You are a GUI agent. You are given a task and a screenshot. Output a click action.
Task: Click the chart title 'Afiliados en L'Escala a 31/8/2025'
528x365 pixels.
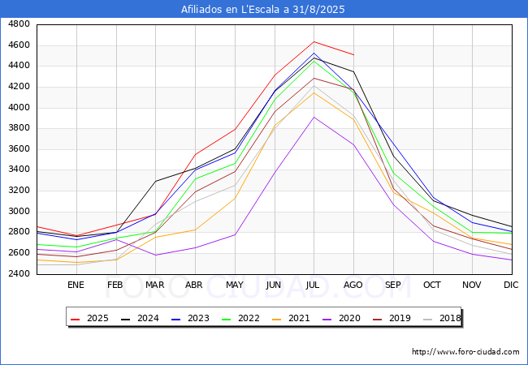(263, 9)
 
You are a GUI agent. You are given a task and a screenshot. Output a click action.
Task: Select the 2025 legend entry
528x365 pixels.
(89, 318)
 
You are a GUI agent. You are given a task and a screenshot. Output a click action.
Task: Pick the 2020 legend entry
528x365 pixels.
(341, 318)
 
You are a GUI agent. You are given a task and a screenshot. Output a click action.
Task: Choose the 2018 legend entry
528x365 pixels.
(442, 318)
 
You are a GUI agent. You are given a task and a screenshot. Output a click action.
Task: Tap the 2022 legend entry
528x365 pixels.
(240, 318)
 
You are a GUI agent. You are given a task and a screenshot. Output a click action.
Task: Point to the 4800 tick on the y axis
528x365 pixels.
(19, 24)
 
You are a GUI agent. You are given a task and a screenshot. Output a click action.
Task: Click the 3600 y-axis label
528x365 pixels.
(19, 149)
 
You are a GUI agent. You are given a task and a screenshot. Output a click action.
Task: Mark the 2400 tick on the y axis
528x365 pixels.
(19, 273)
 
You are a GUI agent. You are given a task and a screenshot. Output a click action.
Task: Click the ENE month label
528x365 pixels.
(76, 285)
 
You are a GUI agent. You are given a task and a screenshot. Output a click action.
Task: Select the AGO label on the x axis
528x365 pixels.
(353, 285)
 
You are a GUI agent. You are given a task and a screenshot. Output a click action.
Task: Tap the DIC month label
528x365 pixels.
(511, 285)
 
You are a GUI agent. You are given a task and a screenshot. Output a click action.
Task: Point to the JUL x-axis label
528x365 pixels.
(313, 285)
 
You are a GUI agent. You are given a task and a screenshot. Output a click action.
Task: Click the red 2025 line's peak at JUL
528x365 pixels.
(314, 41)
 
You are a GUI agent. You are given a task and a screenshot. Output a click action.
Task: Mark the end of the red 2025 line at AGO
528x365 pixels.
(353, 54)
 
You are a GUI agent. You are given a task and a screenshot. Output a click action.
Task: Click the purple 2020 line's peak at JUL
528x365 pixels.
(314, 118)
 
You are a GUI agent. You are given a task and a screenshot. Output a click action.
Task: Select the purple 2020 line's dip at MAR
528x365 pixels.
(156, 255)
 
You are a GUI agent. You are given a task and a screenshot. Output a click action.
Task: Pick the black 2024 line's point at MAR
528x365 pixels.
(156, 181)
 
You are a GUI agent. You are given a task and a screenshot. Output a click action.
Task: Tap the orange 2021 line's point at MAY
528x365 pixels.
(235, 198)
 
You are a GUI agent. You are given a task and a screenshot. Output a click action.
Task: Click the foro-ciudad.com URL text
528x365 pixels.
(465, 352)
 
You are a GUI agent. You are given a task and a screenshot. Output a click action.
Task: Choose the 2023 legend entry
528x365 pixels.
(190, 318)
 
